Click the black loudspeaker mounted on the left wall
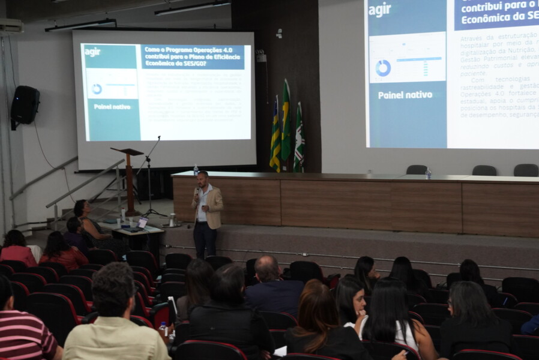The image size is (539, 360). [x=25, y=106]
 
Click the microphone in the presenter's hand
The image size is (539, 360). [x=196, y=192]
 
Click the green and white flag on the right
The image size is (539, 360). [x=299, y=138]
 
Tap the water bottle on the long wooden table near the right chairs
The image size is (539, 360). [x=428, y=173]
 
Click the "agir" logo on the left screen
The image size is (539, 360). [x=92, y=52]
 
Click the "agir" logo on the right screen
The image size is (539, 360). [x=379, y=10]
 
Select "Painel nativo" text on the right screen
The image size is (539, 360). [x=405, y=95]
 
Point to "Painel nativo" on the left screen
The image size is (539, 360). [x=112, y=107]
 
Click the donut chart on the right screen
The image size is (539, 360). [x=383, y=68]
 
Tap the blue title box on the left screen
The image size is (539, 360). [x=192, y=57]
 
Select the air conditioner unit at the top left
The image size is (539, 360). [x=11, y=26]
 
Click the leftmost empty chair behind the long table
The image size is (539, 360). [x=416, y=170]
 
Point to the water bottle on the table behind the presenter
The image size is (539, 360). [x=196, y=170]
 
